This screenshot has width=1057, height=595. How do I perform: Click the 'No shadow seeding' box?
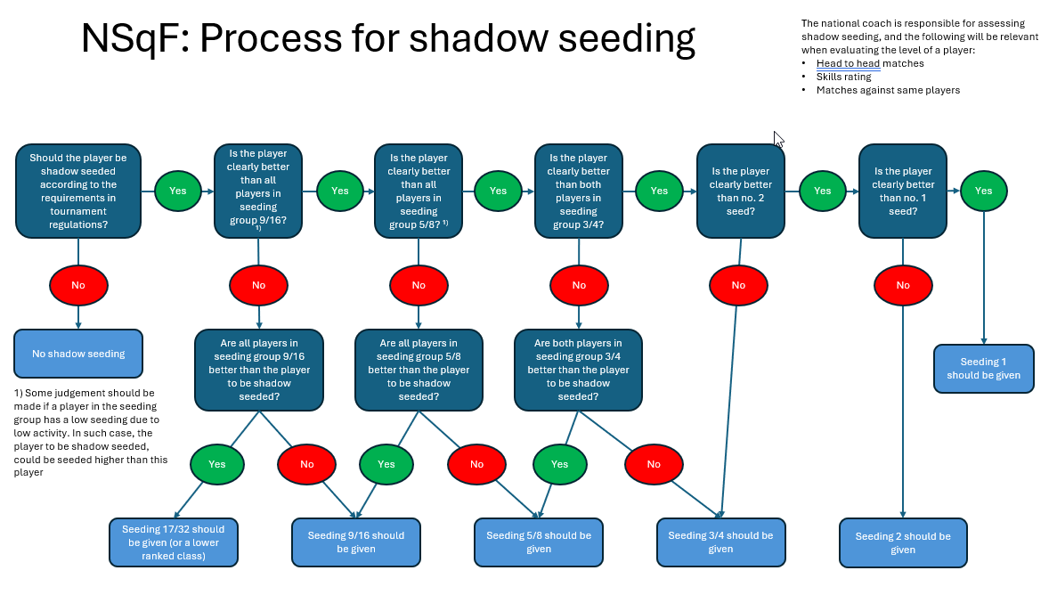(78, 354)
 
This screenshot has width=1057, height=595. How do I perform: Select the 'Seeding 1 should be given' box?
(983, 369)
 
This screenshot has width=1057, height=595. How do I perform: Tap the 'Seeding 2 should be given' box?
(903, 542)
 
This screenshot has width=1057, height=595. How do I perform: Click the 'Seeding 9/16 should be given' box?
(356, 542)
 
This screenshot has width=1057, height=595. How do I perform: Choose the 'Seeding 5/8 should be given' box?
(539, 542)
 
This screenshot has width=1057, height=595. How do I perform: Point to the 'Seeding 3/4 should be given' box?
(720, 542)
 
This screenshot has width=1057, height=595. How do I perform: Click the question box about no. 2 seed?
(741, 191)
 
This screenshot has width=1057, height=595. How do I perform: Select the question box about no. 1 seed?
(903, 191)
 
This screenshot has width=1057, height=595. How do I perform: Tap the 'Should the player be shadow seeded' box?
(78, 191)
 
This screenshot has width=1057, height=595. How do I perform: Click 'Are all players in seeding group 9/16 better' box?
(258, 370)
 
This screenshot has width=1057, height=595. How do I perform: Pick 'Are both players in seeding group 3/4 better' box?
(578, 370)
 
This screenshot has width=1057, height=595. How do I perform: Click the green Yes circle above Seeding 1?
(983, 191)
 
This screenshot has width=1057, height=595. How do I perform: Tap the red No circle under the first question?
(78, 285)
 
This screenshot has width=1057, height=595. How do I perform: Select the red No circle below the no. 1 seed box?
(903, 285)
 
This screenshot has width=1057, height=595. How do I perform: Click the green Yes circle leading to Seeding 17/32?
(217, 464)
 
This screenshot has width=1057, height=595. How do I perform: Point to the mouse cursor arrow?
(778, 139)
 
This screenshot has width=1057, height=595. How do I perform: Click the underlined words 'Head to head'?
(848, 63)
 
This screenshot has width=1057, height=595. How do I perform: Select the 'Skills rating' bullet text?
(843, 77)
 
